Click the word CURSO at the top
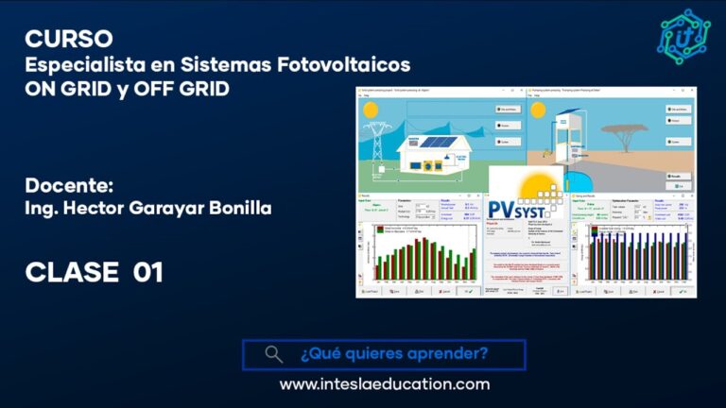pos(69,39)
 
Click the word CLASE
pos(72,273)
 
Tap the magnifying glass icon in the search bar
pos(273,354)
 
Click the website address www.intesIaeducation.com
pos(384,384)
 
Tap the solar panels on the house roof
pos(439,143)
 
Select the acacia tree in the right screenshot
pos(630,138)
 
